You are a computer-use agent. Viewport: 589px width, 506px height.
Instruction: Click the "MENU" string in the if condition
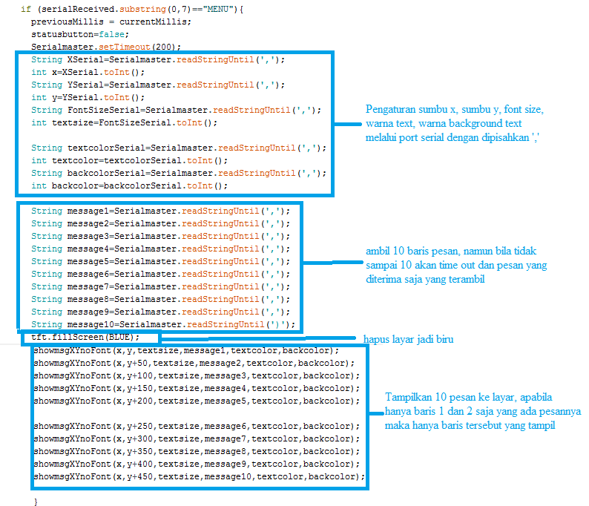(x=221, y=8)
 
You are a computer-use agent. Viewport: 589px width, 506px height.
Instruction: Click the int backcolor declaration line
(x=130, y=185)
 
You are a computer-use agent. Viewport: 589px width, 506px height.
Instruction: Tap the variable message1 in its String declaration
(x=88, y=211)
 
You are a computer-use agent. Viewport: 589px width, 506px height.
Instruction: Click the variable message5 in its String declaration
(x=88, y=261)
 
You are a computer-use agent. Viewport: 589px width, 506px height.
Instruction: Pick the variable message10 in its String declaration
(x=91, y=324)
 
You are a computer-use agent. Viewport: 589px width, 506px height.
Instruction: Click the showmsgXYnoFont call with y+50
(x=194, y=363)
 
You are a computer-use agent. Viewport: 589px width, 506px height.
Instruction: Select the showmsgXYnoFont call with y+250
(x=197, y=426)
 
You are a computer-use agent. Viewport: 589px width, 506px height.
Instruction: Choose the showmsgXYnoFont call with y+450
(x=199, y=476)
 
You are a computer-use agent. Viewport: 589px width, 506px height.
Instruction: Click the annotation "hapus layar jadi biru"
(x=408, y=339)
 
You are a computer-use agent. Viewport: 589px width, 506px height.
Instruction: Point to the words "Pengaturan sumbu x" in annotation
(x=407, y=110)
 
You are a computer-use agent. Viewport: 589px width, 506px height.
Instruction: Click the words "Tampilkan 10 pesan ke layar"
(x=448, y=397)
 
